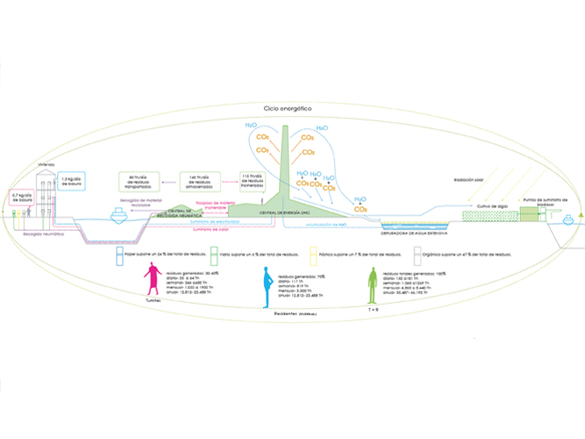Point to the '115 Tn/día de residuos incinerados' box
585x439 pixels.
pos(256,181)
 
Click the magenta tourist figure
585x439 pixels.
pos(153,283)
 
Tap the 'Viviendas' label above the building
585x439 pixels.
pos(46,164)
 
